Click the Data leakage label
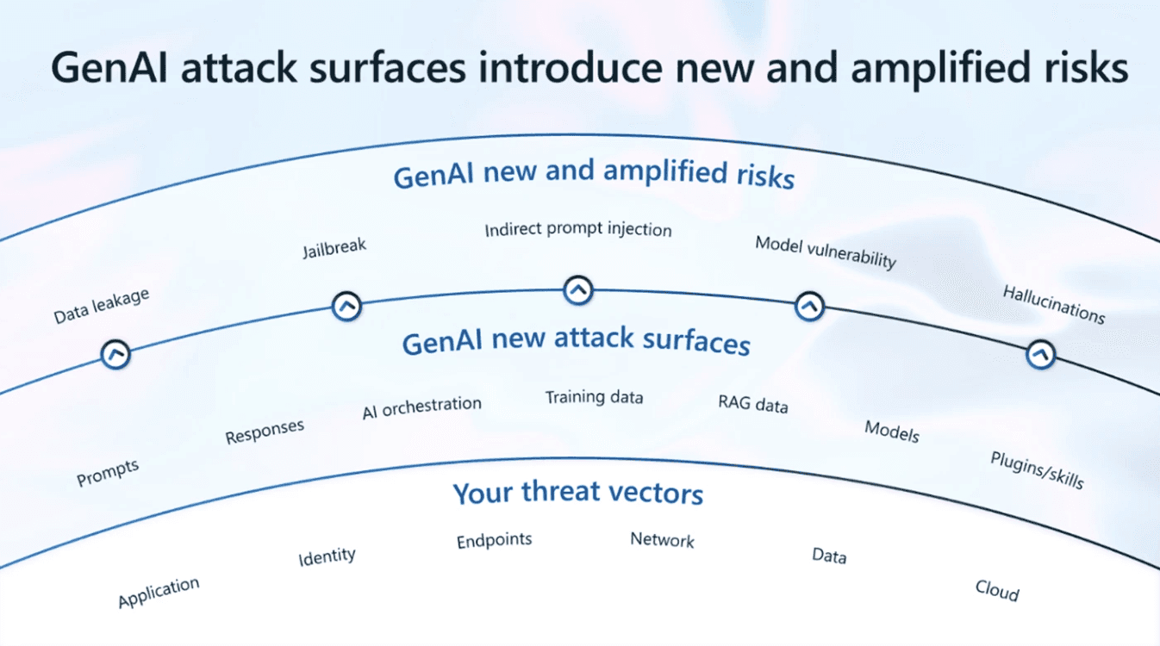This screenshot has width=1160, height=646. tap(102, 307)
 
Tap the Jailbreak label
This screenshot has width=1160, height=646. tap(334, 248)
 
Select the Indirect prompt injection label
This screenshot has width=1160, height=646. tap(577, 230)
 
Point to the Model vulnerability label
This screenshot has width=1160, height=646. tap(826, 252)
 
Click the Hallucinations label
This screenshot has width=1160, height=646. tap(1053, 304)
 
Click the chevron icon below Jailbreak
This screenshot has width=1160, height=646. tap(346, 305)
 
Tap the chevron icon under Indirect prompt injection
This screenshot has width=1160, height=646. tap(578, 290)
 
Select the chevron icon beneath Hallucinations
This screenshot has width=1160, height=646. tap(1041, 354)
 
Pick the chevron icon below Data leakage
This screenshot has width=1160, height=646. tap(115, 354)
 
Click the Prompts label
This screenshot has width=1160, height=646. tap(108, 473)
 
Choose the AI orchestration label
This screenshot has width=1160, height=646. tap(421, 407)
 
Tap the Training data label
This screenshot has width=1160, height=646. tap(594, 397)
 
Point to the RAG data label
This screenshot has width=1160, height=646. tap(752, 403)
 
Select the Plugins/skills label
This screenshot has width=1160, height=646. tap(1037, 469)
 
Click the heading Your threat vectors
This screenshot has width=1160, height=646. tap(578, 494)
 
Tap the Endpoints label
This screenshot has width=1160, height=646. tap(494, 541)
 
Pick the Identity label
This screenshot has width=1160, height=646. tap(327, 556)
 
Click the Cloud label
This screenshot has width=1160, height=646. tap(997, 591)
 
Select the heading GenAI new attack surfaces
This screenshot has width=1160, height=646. tap(576, 342)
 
